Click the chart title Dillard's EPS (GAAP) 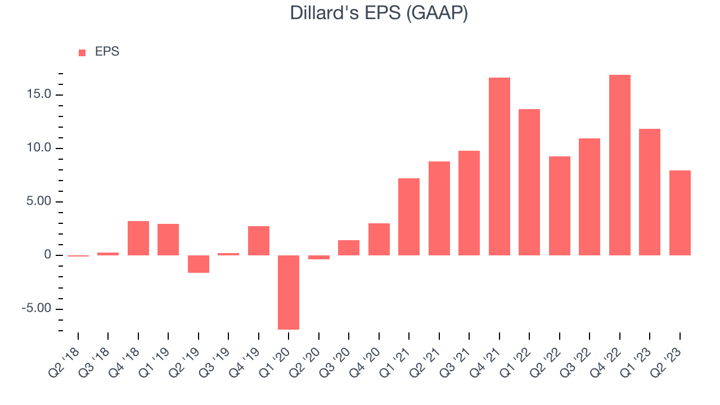[x=379, y=13]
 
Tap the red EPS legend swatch [x=82, y=53]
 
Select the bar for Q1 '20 [x=289, y=292]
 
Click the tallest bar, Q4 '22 [x=620, y=165]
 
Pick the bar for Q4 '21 [x=499, y=166]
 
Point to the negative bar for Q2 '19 [x=199, y=264]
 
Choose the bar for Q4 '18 [x=138, y=238]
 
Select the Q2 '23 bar [x=680, y=213]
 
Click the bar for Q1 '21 [x=409, y=217]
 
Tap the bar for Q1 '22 [x=529, y=182]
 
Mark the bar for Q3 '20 [x=349, y=248]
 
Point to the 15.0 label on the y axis [x=39, y=94]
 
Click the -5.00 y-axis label [x=37, y=308]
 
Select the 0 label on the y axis [x=48, y=255]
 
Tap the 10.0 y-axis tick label [x=39, y=148]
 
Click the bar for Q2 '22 [x=560, y=206]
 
